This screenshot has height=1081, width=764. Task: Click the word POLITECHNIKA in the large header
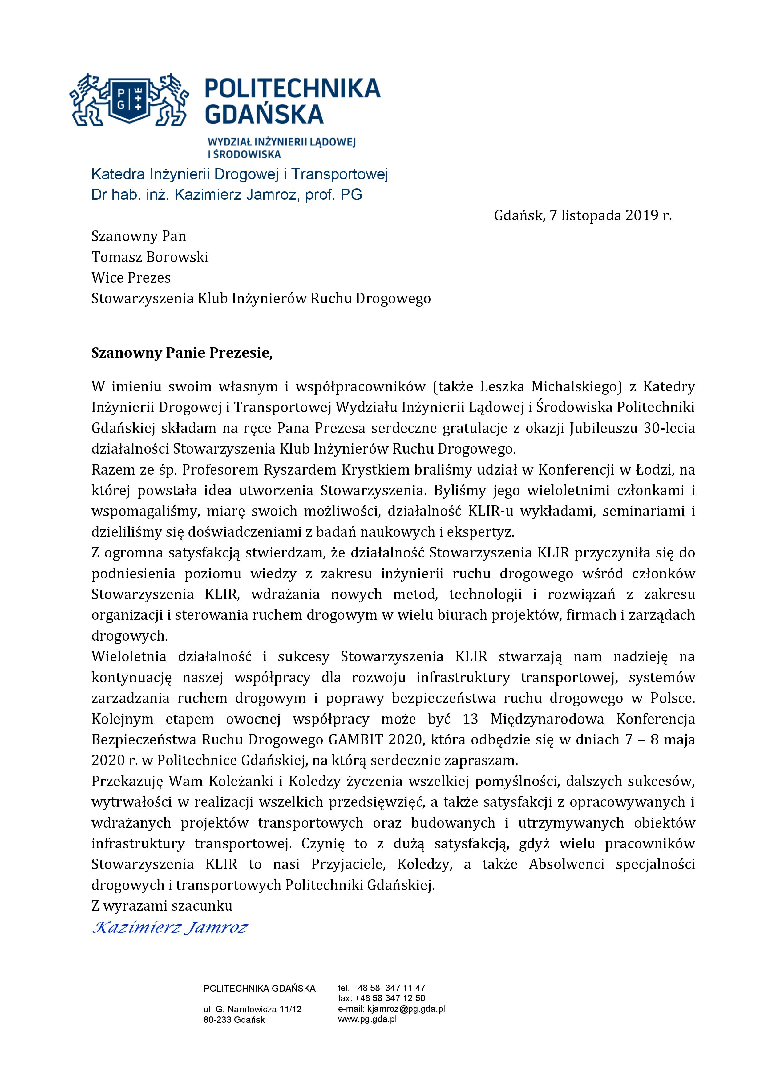[x=293, y=88]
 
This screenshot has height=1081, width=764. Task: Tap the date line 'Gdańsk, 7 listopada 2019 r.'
[x=582, y=216]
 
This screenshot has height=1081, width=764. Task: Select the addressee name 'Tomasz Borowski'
[x=150, y=257]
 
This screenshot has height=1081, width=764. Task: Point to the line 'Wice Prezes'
[x=131, y=278]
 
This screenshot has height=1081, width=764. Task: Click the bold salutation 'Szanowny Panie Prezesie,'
[x=182, y=353]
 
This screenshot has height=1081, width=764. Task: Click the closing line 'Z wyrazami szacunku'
[x=162, y=906]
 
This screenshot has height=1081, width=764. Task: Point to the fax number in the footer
[x=381, y=998]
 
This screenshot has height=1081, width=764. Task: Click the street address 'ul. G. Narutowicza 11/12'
[x=253, y=1010]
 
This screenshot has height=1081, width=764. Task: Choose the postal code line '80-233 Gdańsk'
[x=234, y=1020]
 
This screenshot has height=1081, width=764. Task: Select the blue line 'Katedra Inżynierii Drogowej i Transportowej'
[x=240, y=175]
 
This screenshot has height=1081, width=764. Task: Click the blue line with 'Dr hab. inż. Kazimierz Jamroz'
[x=227, y=195]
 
